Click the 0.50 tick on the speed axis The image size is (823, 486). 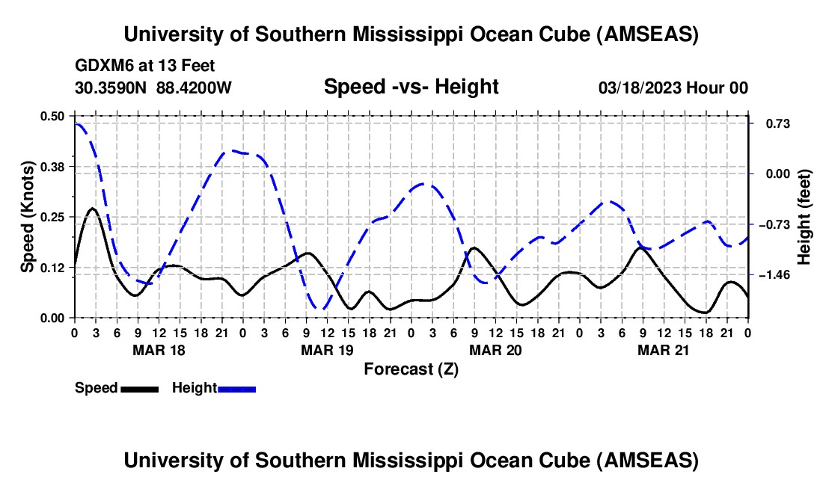[x=54, y=116]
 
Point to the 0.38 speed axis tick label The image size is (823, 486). [x=54, y=166]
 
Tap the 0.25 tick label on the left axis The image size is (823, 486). [x=54, y=217]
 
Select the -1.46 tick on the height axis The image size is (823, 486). [x=774, y=275]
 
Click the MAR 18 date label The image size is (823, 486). [x=158, y=349]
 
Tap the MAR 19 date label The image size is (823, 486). [x=326, y=349]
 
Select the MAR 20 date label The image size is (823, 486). [x=495, y=349]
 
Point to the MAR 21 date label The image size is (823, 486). [x=663, y=349]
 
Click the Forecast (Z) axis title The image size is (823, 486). [x=411, y=369]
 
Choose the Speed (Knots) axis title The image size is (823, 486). [x=28, y=217]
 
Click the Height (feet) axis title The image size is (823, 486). [x=805, y=217]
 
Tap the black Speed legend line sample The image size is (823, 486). [x=139, y=388]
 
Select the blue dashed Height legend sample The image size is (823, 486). [x=236, y=388]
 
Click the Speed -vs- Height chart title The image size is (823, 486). [x=411, y=87]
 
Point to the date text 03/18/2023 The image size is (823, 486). [x=640, y=88]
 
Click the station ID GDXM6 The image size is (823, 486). [x=101, y=67]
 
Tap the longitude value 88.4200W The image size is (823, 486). [x=194, y=88]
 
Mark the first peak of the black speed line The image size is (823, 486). [x=91, y=209]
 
